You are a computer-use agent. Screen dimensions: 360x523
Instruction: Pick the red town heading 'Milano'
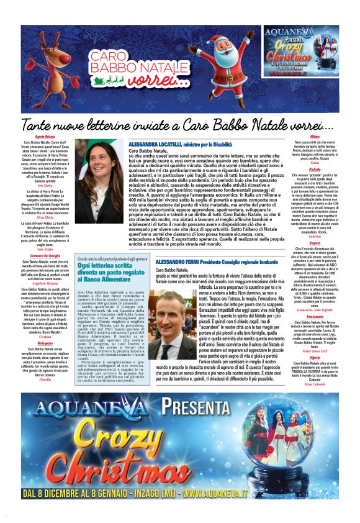coord(315,136)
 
